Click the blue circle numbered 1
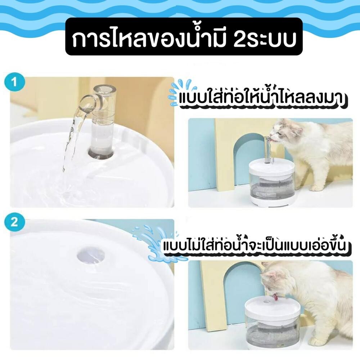[14, 82]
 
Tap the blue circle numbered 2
[14, 222]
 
